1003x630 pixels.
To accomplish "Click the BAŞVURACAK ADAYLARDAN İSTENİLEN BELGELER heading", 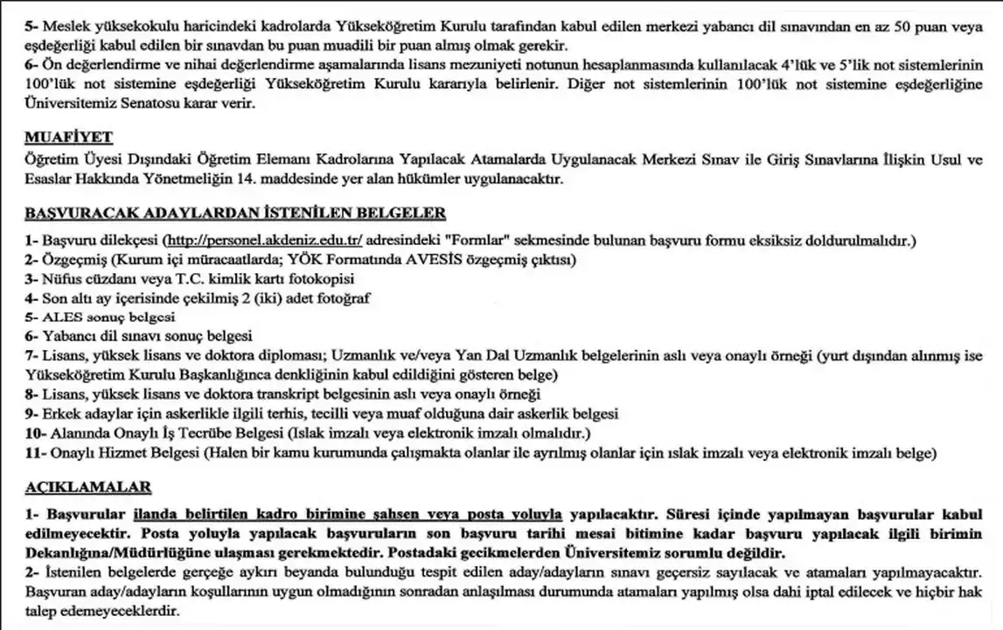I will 235,213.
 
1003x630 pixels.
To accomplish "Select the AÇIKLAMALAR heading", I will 88,486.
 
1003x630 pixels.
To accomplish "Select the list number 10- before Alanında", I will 36,433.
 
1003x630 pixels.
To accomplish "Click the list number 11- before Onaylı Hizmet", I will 35,452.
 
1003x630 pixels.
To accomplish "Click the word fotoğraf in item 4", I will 342,298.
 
